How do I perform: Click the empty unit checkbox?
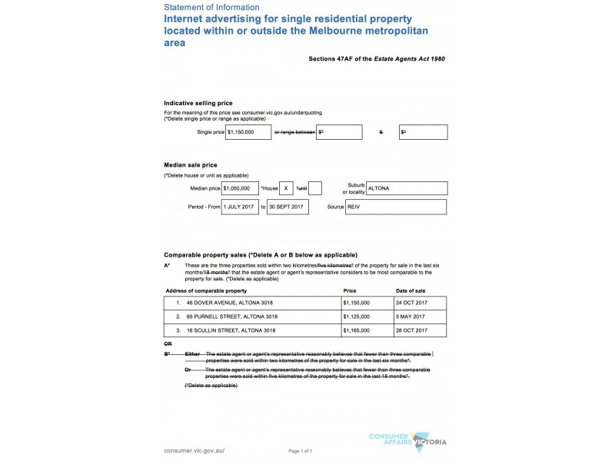pyautogui.click(x=314, y=188)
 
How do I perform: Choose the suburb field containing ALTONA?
pyautogui.click(x=407, y=188)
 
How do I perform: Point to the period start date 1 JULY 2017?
pyautogui.click(x=240, y=207)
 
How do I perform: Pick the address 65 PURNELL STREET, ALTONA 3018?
pyautogui.click(x=231, y=317)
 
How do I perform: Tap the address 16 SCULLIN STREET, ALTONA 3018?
pyautogui.click(x=231, y=330)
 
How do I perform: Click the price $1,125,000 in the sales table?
pyautogui.click(x=357, y=317)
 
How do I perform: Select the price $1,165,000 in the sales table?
pyautogui.click(x=357, y=330)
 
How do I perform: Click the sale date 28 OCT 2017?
pyautogui.click(x=414, y=330)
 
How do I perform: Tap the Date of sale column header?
pyautogui.click(x=411, y=291)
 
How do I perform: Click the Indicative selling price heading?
pyautogui.click(x=198, y=103)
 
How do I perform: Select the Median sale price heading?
pyautogui.click(x=191, y=165)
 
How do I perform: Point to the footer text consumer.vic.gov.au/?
pyautogui.click(x=194, y=450)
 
